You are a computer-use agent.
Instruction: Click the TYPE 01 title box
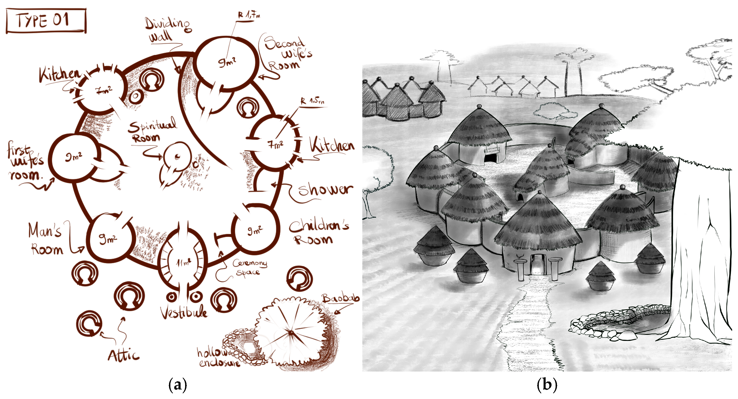[46, 21]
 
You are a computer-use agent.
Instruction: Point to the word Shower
[325, 190]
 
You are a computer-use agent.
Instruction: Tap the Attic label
[123, 355]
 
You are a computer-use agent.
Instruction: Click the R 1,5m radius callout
[312, 101]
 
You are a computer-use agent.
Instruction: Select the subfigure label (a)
[178, 385]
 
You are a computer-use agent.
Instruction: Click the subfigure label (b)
[547, 385]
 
